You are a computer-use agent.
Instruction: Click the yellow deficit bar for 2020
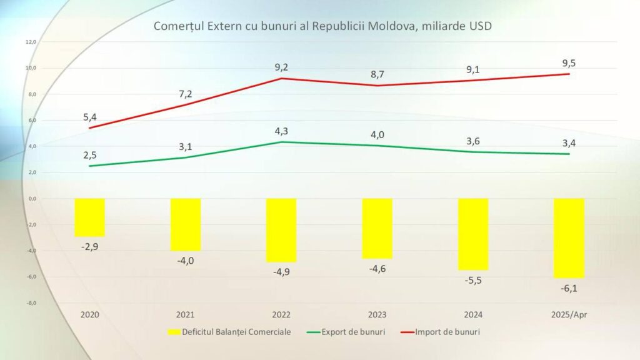point(90,217)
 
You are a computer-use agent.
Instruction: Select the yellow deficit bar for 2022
point(281,230)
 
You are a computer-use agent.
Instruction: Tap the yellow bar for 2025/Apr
point(569,238)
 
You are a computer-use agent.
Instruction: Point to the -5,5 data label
point(473,281)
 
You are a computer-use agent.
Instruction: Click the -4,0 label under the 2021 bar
point(186,261)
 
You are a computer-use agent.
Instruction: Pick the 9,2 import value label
point(281,67)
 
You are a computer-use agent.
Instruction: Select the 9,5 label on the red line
point(569,63)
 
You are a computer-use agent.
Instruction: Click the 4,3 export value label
point(281,131)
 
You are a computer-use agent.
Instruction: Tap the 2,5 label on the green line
point(90,155)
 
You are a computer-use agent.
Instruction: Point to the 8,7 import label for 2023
point(377,74)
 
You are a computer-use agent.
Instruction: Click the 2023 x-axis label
point(377,315)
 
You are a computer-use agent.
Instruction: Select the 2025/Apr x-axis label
point(569,315)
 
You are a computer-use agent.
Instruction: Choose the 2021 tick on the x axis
point(185,315)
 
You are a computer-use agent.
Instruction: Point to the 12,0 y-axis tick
point(31,42)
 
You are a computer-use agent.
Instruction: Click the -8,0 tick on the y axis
point(31,303)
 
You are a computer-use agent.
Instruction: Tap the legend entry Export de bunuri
point(346,332)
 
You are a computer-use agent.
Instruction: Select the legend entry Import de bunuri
point(441,332)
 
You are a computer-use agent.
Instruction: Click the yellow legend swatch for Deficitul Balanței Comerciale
point(174,332)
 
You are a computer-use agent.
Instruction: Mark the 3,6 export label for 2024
point(473,141)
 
